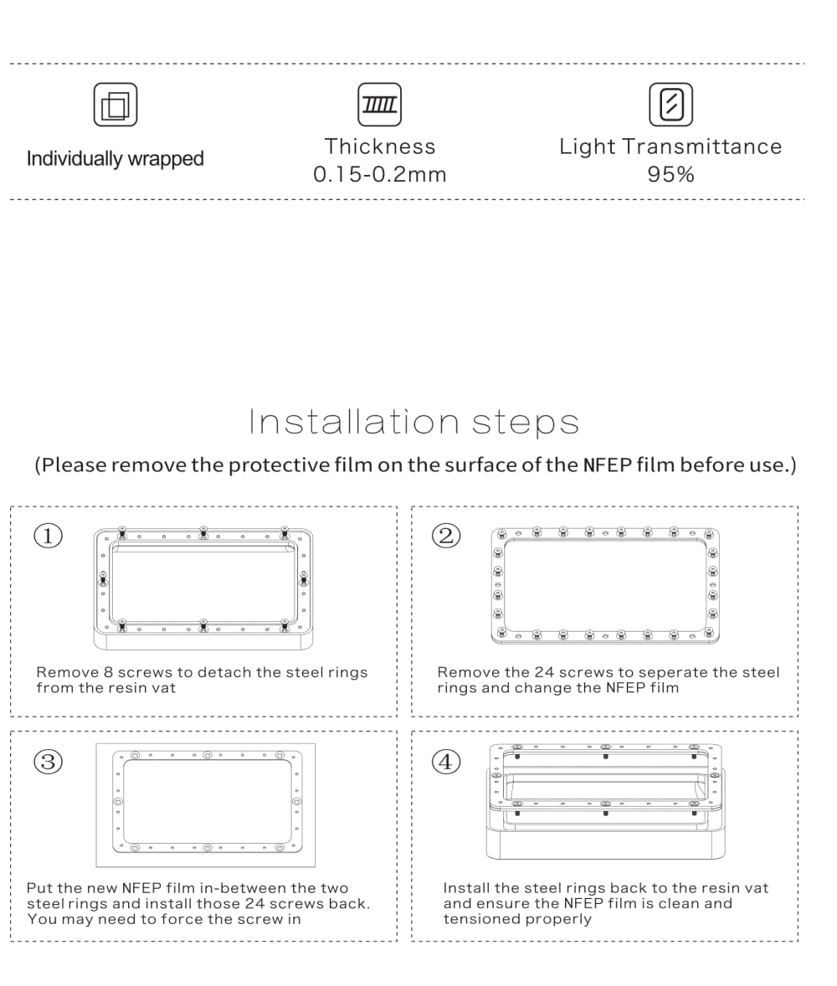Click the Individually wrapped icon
point(115,105)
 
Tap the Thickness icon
point(379,105)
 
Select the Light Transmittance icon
point(670,105)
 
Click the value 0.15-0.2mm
point(379,174)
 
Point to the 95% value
point(670,174)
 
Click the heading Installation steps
point(414,422)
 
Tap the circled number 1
point(48,536)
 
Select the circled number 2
point(446,536)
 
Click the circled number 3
point(48,761)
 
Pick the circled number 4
point(446,761)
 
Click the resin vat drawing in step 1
point(203,588)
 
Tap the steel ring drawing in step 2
point(604,585)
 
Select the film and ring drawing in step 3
point(206,804)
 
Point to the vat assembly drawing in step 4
point(605,801)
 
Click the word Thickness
point(379,146)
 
